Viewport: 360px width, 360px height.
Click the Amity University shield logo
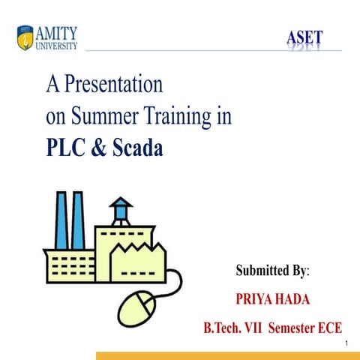click(x=24, y=37)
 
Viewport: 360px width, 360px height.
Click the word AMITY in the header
click(x=56, y=31)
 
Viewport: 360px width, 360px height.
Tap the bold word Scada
click(x=136, y=148)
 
